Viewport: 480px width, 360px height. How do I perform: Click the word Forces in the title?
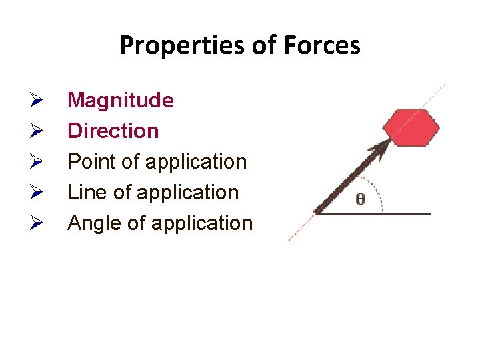pyautogui.click(x=321, y=46)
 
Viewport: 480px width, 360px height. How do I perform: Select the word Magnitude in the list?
pyautogui.click(x=121, y=101)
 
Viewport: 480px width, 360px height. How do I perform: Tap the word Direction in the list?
pyautogui.click(x=113, y=131)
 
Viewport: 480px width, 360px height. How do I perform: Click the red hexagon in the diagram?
pyautogui.click(x=412, y=127)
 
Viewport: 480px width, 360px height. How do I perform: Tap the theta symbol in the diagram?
pyautogui.click(x=360, y=199)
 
